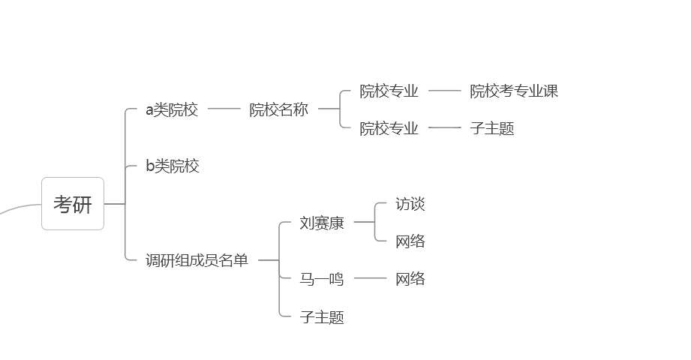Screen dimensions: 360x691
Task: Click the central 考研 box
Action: tap(73, 204)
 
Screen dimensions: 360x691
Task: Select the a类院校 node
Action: tap(172, 110)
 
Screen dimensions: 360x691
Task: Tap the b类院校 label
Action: tap(173, 166)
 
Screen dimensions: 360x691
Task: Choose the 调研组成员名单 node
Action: tap(197, 261)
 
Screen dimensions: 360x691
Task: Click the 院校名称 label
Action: tap(278, 110)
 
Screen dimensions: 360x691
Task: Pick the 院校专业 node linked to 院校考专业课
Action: tap(389, 91)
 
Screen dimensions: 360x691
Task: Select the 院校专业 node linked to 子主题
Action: tap(389, 128)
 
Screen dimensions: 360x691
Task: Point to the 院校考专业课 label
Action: tap(514, 91)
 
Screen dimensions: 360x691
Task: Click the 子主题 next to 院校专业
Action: tap(492, 128)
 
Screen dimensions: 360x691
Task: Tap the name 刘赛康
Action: tap(322, 223)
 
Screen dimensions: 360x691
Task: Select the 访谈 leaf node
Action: tap(410, 204)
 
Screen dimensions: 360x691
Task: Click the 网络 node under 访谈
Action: tap(410, 241)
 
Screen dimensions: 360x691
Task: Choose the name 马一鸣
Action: tap(322, 279)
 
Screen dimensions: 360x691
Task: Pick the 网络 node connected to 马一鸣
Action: tap(410, 279)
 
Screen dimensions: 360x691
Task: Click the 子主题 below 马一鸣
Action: tap(322, 317)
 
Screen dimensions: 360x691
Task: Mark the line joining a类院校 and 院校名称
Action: tap(224, 109)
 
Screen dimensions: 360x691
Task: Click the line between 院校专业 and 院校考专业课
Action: tap(445, 91)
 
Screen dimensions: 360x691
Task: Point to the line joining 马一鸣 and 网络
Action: tap(371, 278)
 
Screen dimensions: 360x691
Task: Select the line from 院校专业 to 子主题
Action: tap(445, 127)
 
